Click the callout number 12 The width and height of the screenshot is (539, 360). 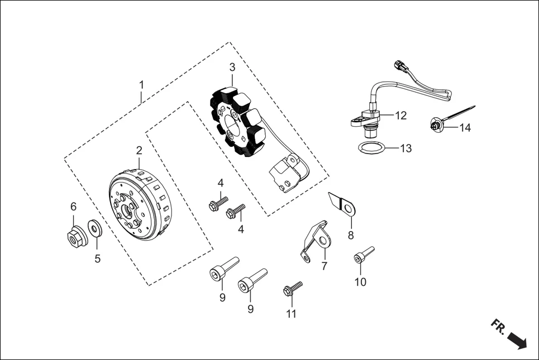401,116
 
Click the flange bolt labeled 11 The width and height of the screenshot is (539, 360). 293,289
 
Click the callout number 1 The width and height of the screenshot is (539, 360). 141,85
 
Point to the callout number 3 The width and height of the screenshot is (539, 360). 232,67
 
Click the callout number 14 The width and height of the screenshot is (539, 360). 465,128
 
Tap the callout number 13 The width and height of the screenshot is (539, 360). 406,148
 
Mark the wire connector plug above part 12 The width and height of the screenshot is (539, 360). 399,66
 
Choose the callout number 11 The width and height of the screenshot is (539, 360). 291,314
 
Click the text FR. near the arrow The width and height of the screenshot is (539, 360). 499,327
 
